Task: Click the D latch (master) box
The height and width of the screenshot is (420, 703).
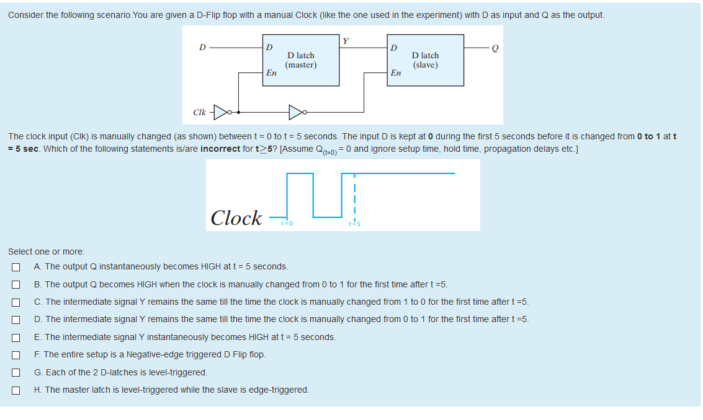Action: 301,60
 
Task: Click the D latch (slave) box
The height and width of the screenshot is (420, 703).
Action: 425,60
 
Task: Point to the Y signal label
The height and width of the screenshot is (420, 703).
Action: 346,42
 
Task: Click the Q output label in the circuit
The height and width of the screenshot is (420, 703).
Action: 495,48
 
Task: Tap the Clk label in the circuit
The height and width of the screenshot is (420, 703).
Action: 199,113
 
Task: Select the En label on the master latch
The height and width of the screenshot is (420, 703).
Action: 271,72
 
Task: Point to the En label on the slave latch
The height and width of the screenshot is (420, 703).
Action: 396,72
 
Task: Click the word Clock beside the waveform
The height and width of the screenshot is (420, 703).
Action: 236,218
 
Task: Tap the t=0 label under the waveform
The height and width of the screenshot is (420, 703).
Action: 287,223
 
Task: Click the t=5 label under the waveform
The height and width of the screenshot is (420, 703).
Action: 354,224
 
